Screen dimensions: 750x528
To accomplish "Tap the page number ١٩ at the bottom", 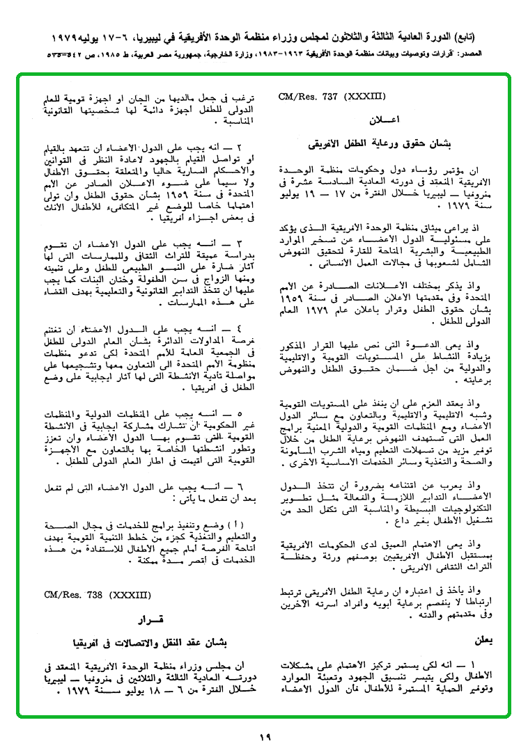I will point(264,737).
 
